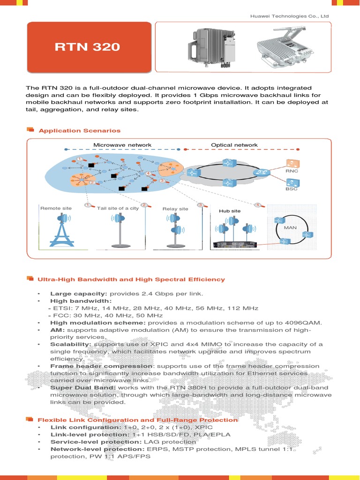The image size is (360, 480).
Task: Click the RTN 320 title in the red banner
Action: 88,47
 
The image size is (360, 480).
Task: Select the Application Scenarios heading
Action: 79,131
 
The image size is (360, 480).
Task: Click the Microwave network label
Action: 122,145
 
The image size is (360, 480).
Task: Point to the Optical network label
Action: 234,145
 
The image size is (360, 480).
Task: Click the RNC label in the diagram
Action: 292,171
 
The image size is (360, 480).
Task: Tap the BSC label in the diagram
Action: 292,189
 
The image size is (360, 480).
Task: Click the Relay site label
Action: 175,209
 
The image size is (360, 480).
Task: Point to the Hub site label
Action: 230,211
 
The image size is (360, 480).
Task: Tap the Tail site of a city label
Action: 118,208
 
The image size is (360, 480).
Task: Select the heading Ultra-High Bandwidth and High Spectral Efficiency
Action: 131,279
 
